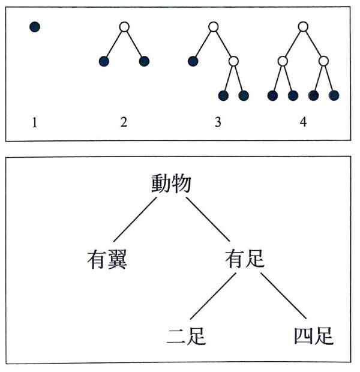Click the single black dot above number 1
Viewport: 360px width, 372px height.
tap(35, 26)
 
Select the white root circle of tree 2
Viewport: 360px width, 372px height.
tap(124, 27)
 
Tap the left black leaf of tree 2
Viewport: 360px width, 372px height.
tap(104, 61)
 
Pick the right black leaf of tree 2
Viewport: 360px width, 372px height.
tap(144, 61)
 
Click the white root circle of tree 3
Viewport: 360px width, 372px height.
tap(214, 27)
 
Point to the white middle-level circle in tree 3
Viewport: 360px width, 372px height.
tap(234, 61)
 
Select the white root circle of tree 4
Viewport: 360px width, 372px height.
tap(303, 26)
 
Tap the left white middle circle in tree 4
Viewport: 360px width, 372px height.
tap(283, 61)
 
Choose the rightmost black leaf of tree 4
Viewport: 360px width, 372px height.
tap(334, 95)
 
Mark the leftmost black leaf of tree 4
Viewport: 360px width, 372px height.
tap(272, 95)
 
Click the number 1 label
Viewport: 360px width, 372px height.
tap(35, 122)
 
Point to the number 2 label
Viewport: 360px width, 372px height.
tap(124, 122)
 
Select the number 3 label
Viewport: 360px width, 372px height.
tap(218, 122)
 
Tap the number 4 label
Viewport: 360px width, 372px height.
tap(303, 122)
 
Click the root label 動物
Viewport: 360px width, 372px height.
tap(172, 184)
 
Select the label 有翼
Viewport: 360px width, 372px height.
tap(107, 260)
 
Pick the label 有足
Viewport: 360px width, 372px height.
tap(245, 259)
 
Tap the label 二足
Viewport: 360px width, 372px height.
tap(186, 336)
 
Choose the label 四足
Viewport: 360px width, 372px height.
tap(314, 336)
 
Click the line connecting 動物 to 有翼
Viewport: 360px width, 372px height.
tap(135, 220)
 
